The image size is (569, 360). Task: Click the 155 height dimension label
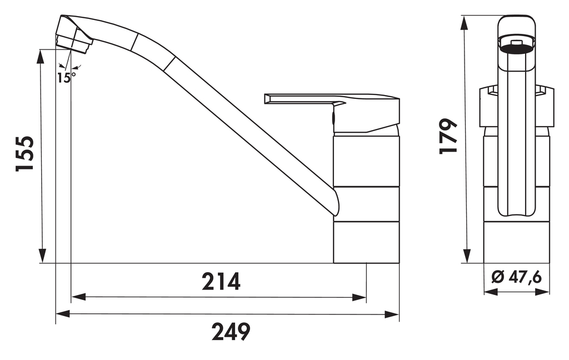(x=26, y=153)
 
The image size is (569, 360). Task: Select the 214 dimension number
(x=221, y=282)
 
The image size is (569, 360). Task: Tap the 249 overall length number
(x=231, y=332)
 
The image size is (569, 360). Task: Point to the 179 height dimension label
(x=448, y=136)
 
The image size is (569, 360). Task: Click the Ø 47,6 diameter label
(x=517, y=277)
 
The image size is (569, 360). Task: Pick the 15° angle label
(x=65, y=77)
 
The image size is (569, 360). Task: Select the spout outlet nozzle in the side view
(x=74, y=42)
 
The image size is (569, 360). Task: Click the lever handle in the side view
(x=333, y=106)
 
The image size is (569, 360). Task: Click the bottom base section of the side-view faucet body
(x=366, y=242)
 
